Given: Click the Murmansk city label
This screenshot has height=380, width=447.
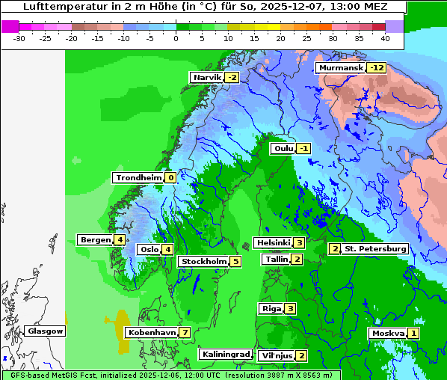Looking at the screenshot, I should [x=341, y=68].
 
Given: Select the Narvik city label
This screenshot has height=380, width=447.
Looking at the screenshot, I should [x=207, y=78].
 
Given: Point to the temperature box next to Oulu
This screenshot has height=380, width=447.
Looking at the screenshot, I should [x=303, y=149].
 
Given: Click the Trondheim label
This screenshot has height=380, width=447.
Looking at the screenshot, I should [x=138, y=178].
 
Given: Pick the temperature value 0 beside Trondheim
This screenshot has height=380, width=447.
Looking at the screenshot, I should [x=170, y=178].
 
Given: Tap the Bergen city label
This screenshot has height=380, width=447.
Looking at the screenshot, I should [x=95, y=240].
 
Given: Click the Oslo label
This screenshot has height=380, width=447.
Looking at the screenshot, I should [x=149, y=250].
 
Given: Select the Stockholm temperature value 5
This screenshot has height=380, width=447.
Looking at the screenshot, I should [x=235, y=262].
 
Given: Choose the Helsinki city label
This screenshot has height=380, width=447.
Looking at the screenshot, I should [x=273, y=242].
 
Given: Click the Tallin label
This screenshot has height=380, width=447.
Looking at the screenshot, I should [x=277, y=260].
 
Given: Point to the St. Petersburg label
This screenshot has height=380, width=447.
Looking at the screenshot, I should [x=374, y=249].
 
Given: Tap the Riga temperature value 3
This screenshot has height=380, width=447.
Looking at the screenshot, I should [x=290, y=309].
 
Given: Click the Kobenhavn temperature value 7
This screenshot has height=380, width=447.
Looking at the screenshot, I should [x=184, y=332].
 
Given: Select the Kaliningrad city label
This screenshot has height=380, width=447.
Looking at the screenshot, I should [x=225, y=354].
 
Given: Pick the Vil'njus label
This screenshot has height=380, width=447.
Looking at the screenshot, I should [x=276, y=356].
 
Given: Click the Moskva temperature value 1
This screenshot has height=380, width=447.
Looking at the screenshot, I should [x=413, y=334].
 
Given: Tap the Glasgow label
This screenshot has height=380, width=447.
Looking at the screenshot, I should [x=45, y=331].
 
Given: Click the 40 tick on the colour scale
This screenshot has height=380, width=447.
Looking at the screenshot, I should [x=384, y=38].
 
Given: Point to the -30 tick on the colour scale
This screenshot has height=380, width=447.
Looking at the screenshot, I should [x=19, y=38].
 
